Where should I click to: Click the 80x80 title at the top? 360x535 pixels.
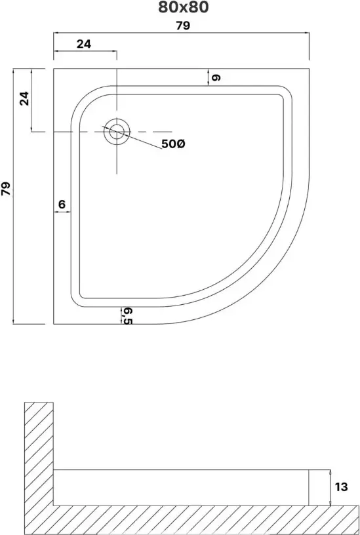183,7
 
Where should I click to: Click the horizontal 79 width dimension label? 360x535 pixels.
183,26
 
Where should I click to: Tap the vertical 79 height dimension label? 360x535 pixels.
6,189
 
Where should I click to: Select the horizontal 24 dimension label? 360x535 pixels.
84,44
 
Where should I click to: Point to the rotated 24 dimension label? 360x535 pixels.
24,98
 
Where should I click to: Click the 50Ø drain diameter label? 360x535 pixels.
173,144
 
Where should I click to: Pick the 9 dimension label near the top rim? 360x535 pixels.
216,78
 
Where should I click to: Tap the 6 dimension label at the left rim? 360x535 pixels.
62,205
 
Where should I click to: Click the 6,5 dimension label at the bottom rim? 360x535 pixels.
127,316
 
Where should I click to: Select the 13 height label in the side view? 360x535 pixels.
341,487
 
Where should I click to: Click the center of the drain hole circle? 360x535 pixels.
117,132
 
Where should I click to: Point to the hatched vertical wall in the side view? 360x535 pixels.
39,454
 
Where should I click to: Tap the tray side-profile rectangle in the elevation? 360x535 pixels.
181,488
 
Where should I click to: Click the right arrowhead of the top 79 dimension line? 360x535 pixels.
307,33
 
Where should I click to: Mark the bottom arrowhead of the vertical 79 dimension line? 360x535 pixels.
13,322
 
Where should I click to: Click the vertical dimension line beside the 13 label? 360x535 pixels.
330,488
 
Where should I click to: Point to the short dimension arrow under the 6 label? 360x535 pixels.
62,212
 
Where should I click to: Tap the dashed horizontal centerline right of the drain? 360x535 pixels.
151,132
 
